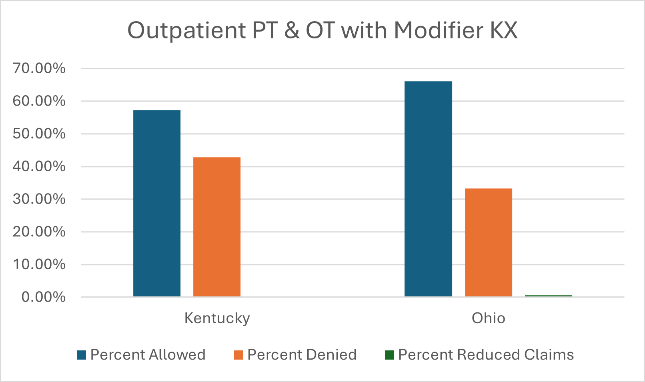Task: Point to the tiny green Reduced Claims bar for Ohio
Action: [x=548, y=296]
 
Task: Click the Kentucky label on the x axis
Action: [x=217, y=318]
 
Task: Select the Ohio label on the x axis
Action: [x=488, y=318]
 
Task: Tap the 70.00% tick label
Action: [x=39, y=68]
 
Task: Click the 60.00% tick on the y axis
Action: [x=39, y=101]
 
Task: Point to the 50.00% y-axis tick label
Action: [x=39, y=134]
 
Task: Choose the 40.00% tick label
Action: [x=39, y=166]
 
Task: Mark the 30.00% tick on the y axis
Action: [x=39, y=199]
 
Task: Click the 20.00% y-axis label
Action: [x=39, y=232]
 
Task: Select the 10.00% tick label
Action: [x=39, y=264]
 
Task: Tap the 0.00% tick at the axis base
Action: [x=43, y=297]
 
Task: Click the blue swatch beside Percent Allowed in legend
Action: [x=82, y=355]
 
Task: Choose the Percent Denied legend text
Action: [x=302, y=355]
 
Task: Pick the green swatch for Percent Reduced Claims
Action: [x=389, y=355]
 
